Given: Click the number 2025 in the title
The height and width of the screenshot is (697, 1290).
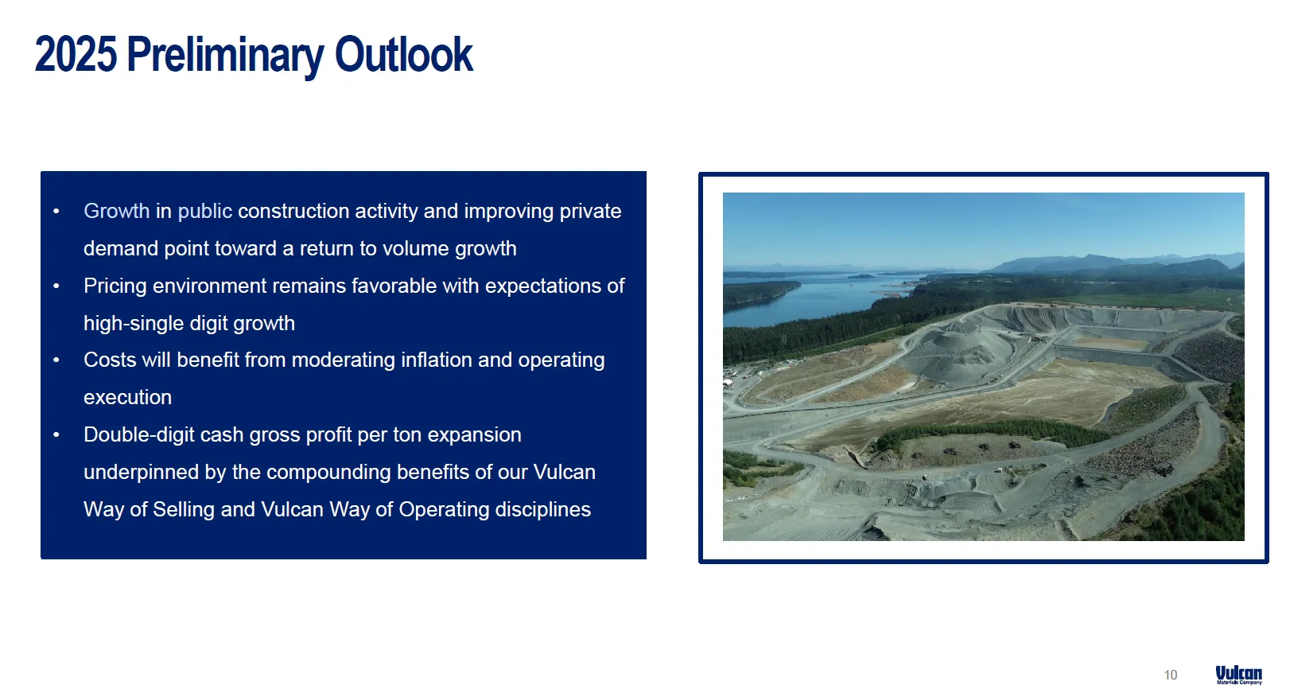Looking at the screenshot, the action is point(76,54).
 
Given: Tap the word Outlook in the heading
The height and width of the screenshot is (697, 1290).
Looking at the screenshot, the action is point(404,54).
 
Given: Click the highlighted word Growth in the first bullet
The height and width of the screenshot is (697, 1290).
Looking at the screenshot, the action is point(116,211).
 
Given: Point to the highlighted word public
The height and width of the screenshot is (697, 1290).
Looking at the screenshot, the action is point(205,212).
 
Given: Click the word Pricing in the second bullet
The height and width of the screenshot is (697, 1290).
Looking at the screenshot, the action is point(115,286).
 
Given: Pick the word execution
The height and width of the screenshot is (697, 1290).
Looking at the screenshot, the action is point(128,398).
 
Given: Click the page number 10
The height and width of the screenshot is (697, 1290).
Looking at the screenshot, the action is point(1170,675).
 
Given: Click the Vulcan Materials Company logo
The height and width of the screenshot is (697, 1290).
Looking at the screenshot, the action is point(1239,675).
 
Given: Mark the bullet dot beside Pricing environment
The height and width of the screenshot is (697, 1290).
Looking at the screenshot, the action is point(56,286).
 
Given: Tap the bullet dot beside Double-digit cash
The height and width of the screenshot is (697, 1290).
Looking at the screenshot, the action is point(56,435).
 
